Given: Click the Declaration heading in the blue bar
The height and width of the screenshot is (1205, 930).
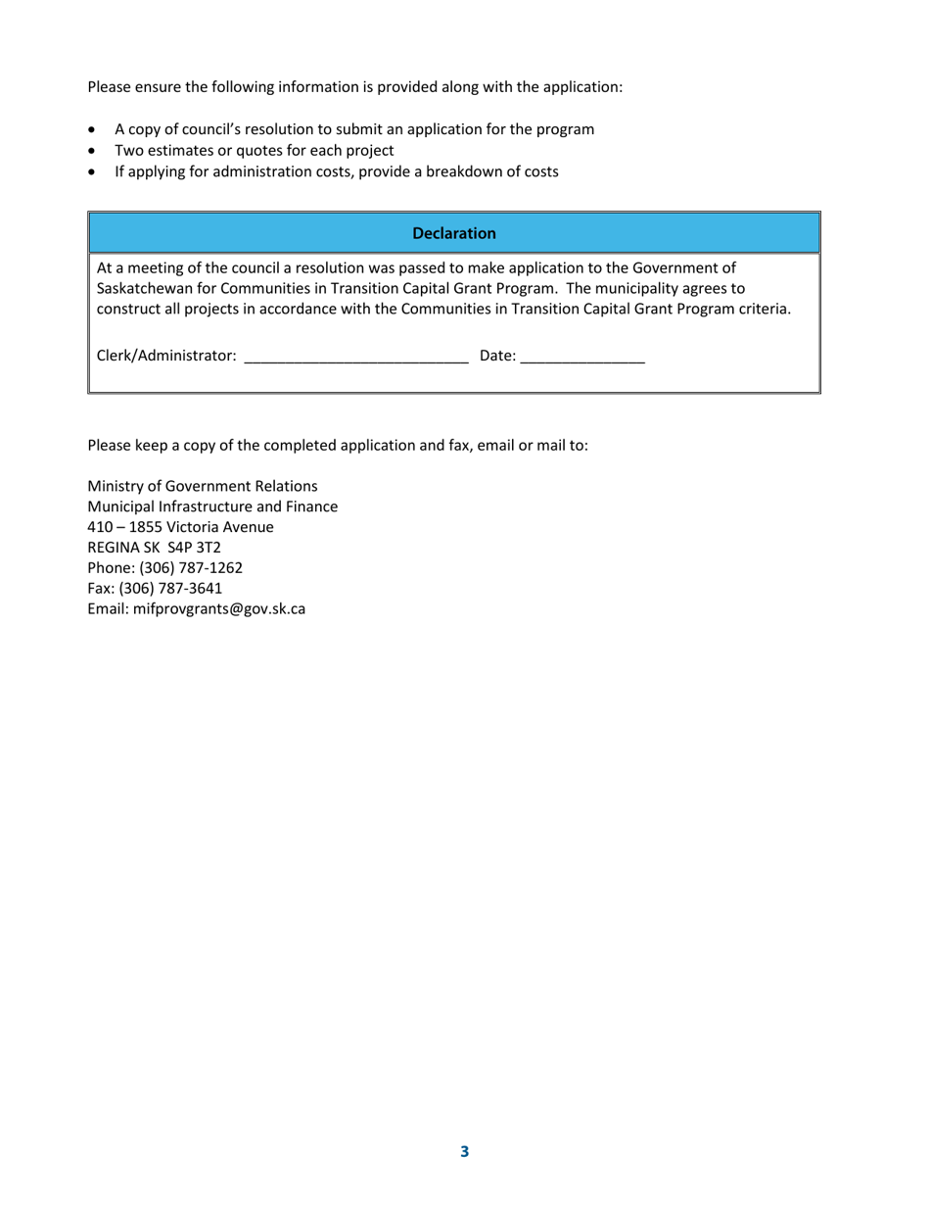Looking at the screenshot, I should pyautogui.click(x=454, y=233).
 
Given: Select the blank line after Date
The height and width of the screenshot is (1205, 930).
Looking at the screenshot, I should pyautogui.click(x=582, y=359).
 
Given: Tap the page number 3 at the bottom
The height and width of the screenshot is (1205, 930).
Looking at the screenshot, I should pyautogui.click(x=464, y=1152).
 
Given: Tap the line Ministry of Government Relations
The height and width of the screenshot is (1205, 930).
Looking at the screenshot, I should pyautogui.click(x=203, y=486).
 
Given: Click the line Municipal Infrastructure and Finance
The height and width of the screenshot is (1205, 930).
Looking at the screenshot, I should pyautogui.click(x=212, y=506).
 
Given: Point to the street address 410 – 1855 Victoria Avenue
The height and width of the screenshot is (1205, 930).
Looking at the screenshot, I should pyautogui.click(x=181, y=527).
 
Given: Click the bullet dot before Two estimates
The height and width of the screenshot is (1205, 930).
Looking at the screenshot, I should pyautogui.click(x=93, y=151).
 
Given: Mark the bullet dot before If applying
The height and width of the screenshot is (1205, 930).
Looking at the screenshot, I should pyautogui.click(x=93, y=172).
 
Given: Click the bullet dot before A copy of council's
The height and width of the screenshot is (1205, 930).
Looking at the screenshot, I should pyautogui.click(x=93, y=129).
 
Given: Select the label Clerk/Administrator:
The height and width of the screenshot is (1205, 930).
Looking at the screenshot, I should pyautogui.click(x=166, y=356).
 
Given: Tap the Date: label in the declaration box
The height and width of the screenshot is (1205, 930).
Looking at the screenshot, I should pyautogui.click(x=497, y=356).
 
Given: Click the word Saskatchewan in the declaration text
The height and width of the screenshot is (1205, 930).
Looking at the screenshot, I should pyautogui.click(x=142, y=289).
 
